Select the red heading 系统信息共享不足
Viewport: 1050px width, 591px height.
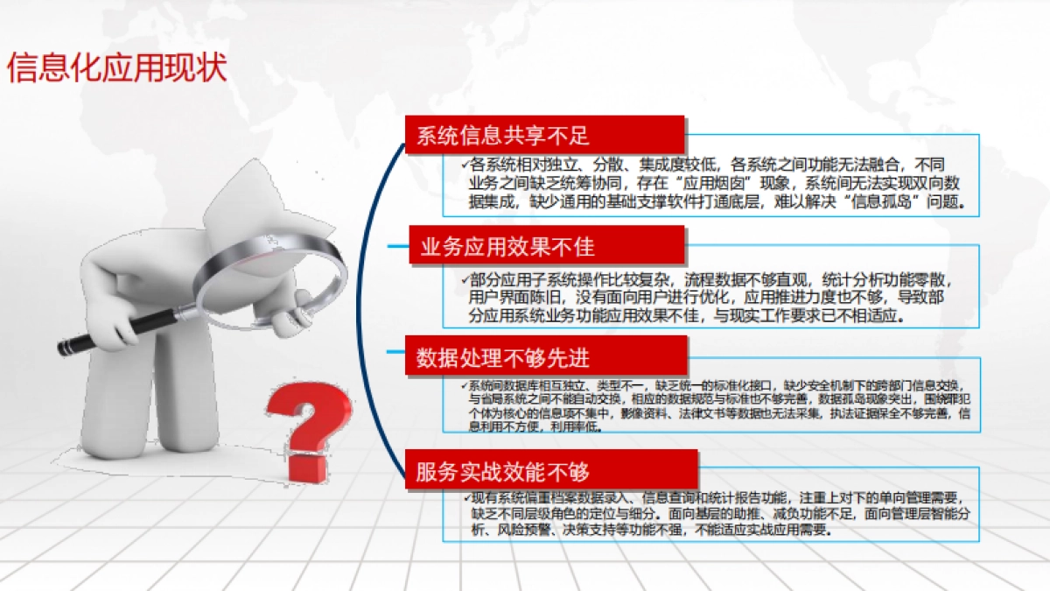(502, 136)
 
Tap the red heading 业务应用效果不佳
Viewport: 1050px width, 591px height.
(507, 248)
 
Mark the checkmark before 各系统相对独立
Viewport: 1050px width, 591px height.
(465, 164)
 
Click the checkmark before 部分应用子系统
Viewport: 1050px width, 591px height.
(465, 280)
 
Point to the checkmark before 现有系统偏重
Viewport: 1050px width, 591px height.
(465, 497)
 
